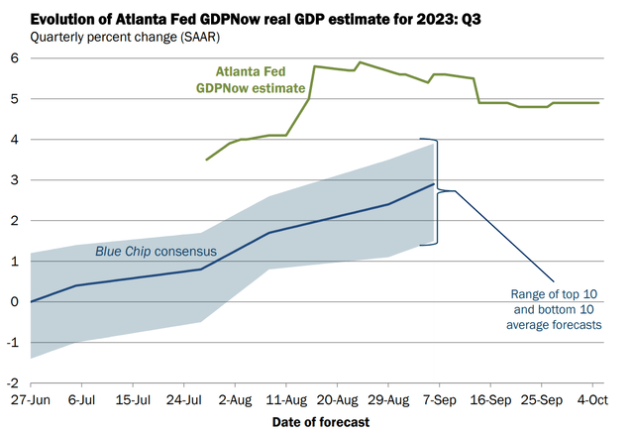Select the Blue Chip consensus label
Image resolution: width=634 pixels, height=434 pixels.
[157, 252]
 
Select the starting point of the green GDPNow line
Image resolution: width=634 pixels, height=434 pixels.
[206, 160]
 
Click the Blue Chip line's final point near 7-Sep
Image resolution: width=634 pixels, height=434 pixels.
[434, 184]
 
